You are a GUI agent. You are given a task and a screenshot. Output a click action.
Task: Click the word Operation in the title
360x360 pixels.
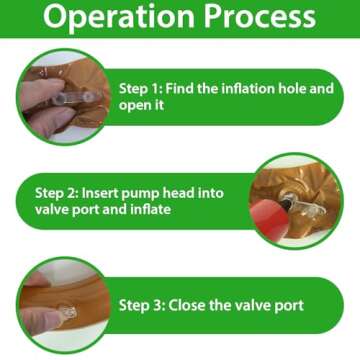click(x=119, y=17)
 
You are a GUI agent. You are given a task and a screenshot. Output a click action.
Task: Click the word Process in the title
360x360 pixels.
click(x=260, y=16)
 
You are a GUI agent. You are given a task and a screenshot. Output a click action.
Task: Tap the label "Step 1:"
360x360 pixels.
click(x=140, y=89)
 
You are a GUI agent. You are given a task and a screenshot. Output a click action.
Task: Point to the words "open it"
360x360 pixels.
click(x=141, y=106)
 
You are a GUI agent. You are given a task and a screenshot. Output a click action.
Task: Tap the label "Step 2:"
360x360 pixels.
click(x=56, y=193)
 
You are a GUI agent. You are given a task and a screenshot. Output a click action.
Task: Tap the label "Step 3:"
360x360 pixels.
click(x=141, y=305)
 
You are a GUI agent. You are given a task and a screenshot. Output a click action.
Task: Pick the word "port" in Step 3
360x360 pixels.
click(x=290, y=306)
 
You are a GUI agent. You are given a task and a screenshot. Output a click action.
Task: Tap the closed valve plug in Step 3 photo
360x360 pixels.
click(x=69, y=313)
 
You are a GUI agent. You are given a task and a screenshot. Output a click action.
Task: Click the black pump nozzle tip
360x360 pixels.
click(x=285, y=202)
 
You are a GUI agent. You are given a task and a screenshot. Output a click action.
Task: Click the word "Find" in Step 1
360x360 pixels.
click(x=179, y=89)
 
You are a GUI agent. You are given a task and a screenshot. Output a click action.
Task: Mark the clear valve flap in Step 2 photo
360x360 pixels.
click(x=307, y=208)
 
